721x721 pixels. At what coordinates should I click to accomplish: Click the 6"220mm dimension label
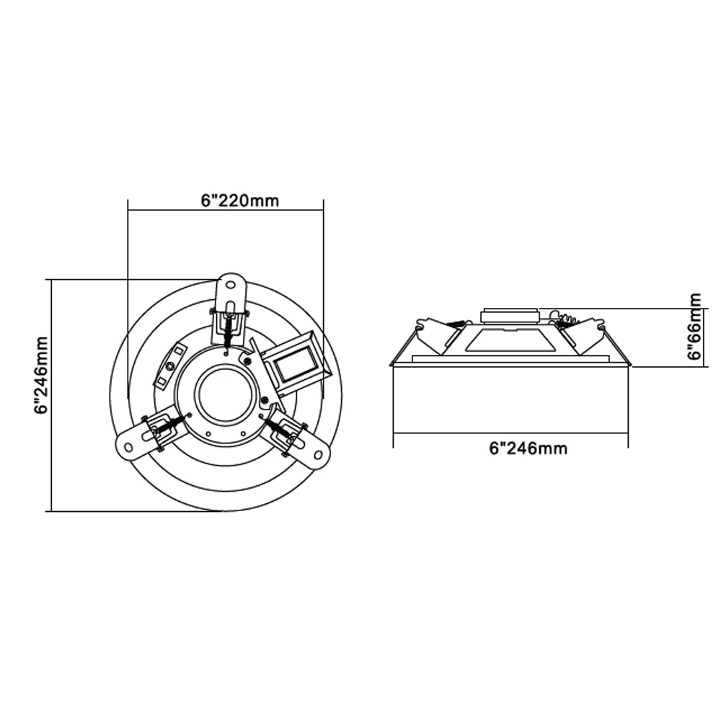tap(239, 200)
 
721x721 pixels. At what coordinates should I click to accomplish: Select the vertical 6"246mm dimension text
tap(41, 374)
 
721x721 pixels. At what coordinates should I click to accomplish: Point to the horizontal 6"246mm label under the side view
tap(528, 448)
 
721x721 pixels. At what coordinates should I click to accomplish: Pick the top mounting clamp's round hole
tap(231, 284)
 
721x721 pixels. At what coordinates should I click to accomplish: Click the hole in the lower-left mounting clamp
tap(129, 446)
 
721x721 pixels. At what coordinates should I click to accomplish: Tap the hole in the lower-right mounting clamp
tap(317, 454)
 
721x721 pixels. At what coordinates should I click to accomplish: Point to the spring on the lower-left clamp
tap(168, 428)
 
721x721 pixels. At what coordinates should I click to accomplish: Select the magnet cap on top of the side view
tap(509, 314)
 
